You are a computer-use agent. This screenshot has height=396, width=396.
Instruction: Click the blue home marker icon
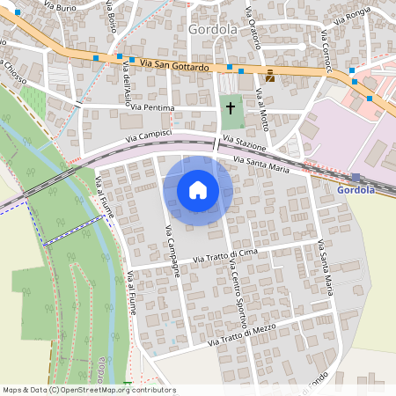[x=198, y=190]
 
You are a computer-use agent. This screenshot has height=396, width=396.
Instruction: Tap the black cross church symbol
[x=231, y=108]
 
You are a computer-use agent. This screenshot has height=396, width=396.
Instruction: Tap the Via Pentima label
[x=154, y=108]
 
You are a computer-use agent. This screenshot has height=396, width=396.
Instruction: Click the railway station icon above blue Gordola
[x=356, y=177]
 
